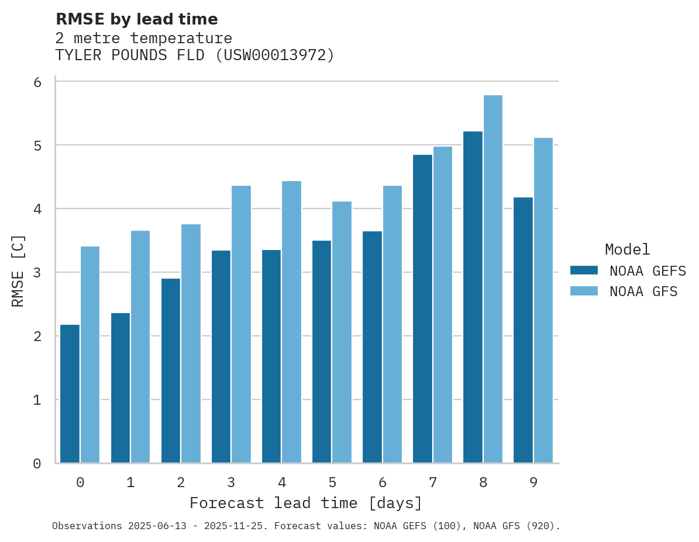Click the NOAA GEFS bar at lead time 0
point(70,394)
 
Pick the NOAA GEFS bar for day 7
point(422,309)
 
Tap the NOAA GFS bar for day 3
point(241,324)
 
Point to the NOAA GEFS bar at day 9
point(523,330)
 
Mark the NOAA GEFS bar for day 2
point(171,371)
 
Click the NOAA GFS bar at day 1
point(140,347)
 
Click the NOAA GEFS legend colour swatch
point(584,270)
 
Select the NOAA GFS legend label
point(643,291)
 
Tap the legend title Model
point(627,249)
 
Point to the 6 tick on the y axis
point(37,82)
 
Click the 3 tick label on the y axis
point(37,273)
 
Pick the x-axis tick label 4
point(281,482)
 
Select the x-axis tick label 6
point(383,482)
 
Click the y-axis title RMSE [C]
point(18,270)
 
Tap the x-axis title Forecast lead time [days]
point(305,503)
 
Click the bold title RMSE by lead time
point(136,19)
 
